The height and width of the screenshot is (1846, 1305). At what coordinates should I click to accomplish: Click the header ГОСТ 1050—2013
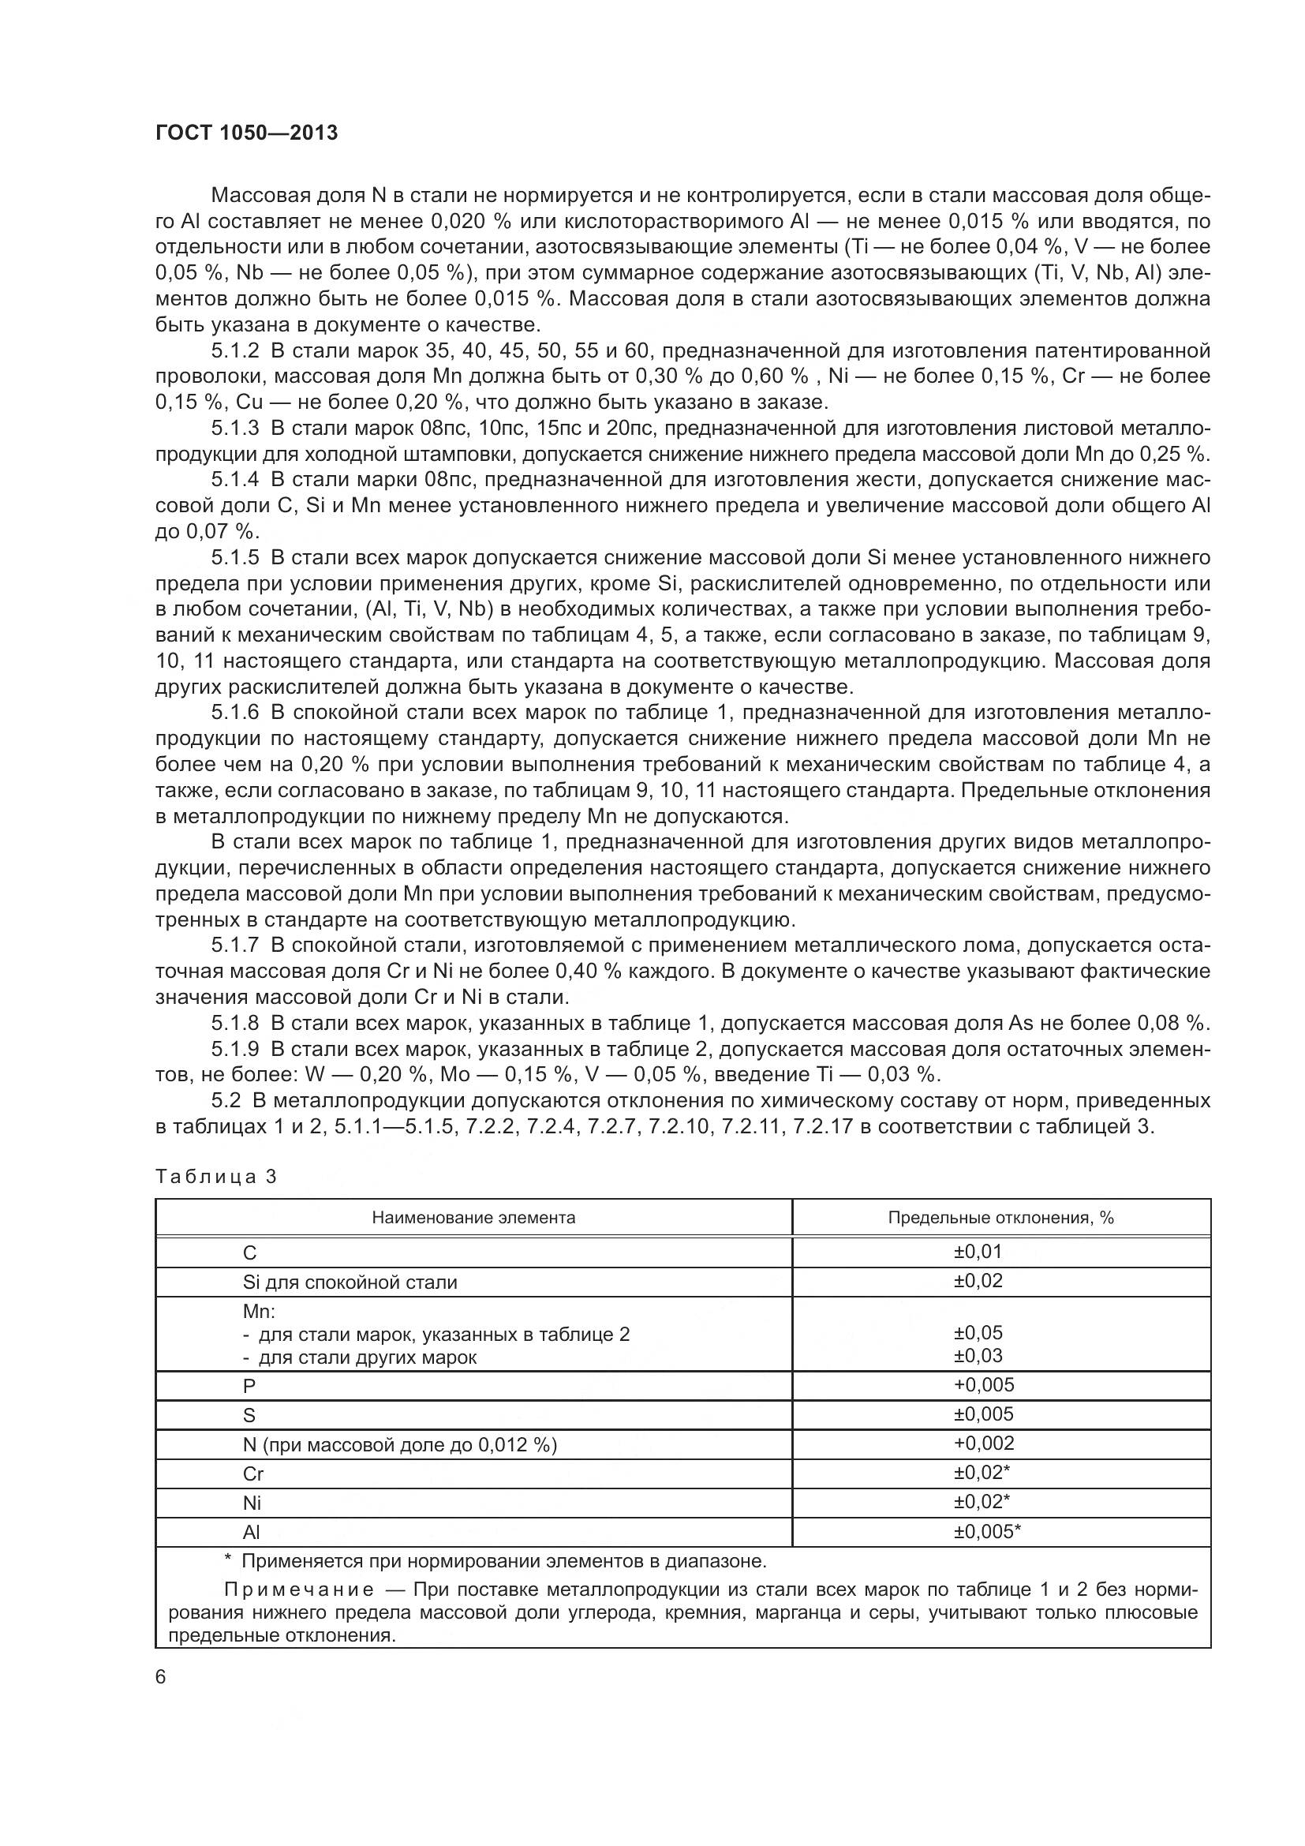tap(246, 133)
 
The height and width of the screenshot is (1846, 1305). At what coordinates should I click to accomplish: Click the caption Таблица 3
tap(215, 1176)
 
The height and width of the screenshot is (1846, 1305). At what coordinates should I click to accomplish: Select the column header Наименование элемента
tap(473, 1217)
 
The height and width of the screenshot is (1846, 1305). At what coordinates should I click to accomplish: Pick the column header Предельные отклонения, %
tap(1000, 1217)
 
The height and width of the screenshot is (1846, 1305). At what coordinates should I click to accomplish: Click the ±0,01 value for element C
tap(978, 1252)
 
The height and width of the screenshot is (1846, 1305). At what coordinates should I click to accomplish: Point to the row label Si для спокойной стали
tap(350, 1282)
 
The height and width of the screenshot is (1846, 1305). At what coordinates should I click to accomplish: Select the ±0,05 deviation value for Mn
tap(978, 1333)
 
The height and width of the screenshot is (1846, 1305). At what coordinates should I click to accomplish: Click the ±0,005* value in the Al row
tap(987, 1532)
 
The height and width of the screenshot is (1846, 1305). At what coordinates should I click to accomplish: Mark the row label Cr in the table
tap(253, 1473)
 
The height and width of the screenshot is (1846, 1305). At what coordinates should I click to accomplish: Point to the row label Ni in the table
tap(252, 1503)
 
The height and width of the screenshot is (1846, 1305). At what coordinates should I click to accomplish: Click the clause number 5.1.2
tap(235, 350)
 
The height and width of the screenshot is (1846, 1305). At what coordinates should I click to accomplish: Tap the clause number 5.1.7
tap(235, 945)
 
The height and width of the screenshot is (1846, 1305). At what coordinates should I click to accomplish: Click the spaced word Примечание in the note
tap(299, 1590)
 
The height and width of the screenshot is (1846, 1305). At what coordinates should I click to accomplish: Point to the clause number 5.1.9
tap(235, 1048)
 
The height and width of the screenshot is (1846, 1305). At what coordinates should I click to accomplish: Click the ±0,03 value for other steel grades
tap(978, 1356)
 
